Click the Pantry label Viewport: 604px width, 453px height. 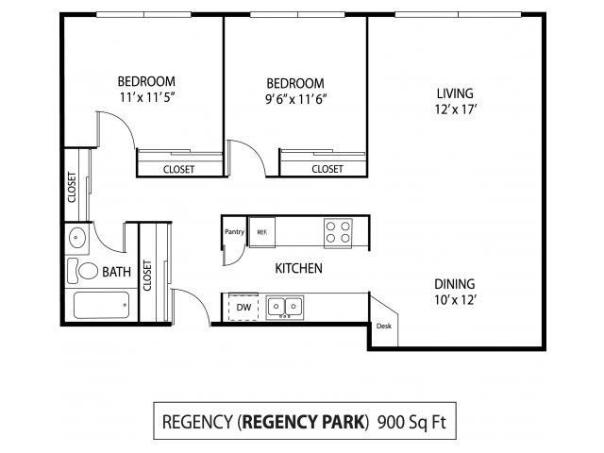(x=234, y=231)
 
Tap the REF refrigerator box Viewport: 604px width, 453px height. (x=262, y=232)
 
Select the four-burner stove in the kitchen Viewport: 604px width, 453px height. (x=338, y=232)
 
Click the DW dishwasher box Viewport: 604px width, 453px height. (x=243, y=307)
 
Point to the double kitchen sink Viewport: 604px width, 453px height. (x=285, y=307)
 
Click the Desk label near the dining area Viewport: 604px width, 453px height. (x=384, y=326)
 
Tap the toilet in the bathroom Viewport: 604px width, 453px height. (x=83, y=271)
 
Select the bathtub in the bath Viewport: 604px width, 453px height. (x=101, y=305)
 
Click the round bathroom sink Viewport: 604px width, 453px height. (x=77, y=237)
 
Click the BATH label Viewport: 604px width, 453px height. (x=116, y=272)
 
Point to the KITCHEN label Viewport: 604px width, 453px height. (x=298, y=268)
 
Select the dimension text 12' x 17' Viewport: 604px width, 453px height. (x=456, y=109)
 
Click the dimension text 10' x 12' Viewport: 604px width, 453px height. (x=455, y=300)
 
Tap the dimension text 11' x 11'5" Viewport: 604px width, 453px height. (x=147, y=97)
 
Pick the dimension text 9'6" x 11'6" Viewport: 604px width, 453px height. (x=295, y=99)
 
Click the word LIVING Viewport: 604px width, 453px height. (x=455, y=93)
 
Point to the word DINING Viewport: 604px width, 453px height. (x=455, y=284)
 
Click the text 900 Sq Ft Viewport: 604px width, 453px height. (x=411, y=422)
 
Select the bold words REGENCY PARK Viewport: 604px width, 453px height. (x=304, y=422)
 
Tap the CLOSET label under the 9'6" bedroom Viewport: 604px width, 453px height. (x=327, y=169)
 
